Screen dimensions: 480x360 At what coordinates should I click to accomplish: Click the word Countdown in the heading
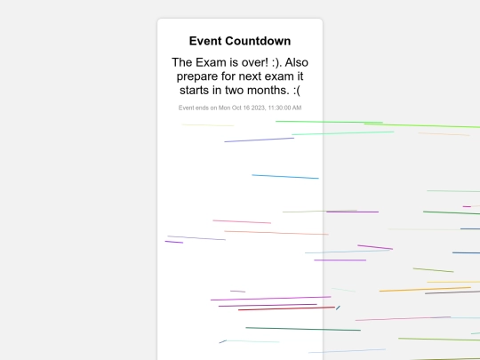coord(260,41)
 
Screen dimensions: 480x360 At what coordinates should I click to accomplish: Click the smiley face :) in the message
coord(276,63)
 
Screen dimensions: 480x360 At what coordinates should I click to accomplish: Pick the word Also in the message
coord(297,62)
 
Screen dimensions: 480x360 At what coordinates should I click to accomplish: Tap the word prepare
coord(197,76)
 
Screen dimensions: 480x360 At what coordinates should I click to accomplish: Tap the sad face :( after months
coord(297,91)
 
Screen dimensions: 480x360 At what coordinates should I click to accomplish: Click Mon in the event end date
coord(224,108)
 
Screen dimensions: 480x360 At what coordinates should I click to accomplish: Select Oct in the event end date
coord(236,108)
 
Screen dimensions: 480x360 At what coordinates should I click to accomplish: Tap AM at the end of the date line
coord(297,108)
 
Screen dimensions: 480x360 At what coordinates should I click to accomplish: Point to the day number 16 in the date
coord(246,108)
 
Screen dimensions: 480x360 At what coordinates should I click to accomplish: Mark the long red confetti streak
coord(286,308)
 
